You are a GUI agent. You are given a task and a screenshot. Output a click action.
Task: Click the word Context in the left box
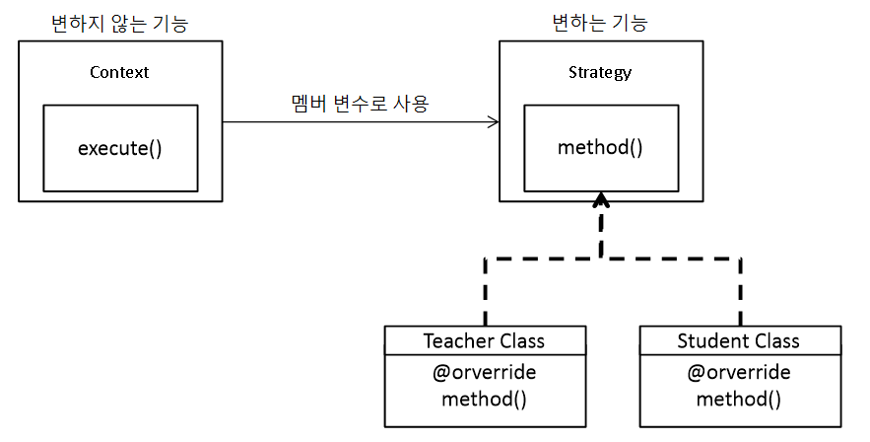coord(119,72)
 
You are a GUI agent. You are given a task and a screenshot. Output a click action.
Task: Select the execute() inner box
coord(120,148)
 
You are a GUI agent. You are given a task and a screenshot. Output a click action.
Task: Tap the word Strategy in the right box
coord(600,72)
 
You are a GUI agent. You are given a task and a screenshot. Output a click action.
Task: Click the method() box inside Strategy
coord(600,148)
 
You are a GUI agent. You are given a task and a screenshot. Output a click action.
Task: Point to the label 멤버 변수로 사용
coord(360,103)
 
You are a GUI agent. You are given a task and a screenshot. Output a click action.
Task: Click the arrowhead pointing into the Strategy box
coord(492,122)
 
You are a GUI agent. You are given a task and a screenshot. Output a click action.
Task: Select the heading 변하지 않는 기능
coord(119,22)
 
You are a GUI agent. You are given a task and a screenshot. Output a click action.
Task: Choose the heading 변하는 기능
coord(600,22)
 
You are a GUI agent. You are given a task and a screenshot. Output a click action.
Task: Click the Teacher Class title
coord(484,341)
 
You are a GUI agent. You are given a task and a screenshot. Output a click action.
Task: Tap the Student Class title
coord(739,341)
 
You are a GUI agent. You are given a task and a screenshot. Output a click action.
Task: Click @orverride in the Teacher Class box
coord(484,373)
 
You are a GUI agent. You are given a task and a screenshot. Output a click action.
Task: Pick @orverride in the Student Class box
coord(739,373)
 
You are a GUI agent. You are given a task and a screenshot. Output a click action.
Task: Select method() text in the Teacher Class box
coord(484,400)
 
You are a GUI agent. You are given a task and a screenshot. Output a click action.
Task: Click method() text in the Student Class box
coord(739,400)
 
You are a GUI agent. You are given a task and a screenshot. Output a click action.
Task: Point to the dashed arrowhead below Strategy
coord(601,201)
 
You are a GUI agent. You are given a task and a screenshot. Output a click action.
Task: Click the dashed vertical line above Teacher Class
coord(485,292)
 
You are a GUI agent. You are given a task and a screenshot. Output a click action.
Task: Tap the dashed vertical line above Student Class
coord(740,292)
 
